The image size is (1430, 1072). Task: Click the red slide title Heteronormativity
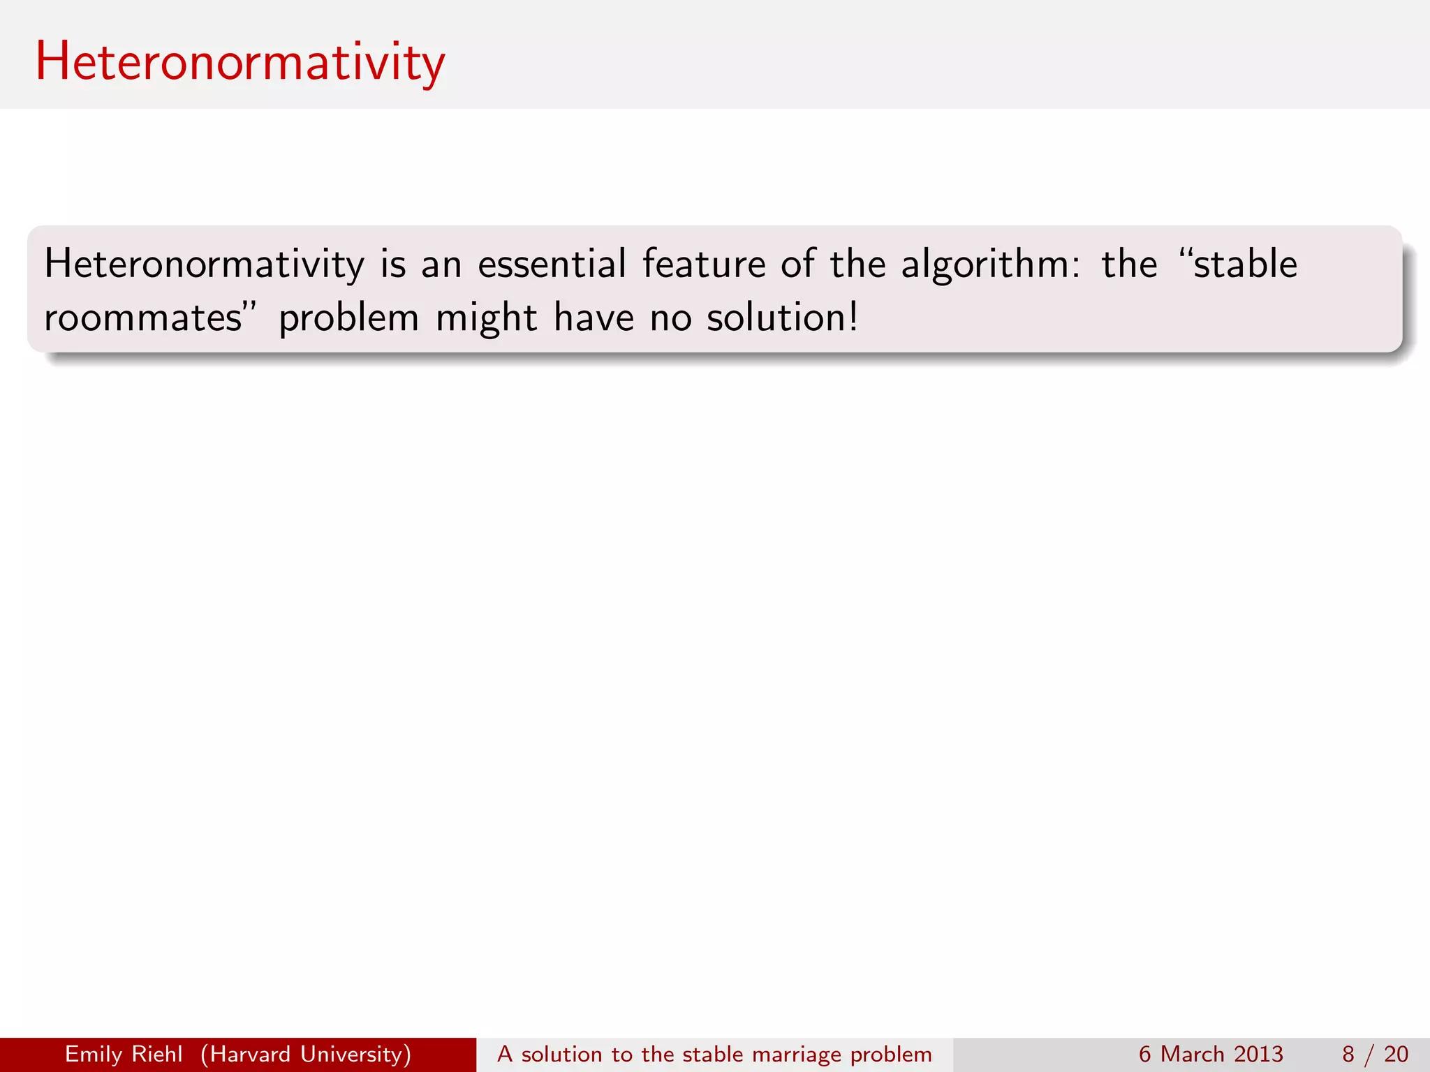pos(239,63)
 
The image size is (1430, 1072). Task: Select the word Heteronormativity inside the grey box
pos(204,265)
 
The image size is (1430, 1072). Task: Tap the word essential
pos(552,265)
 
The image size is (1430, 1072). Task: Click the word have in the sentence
pos(594,318)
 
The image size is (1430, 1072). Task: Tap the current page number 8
pos(1348,1054)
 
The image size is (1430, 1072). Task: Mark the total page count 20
pos(1396,1054)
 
